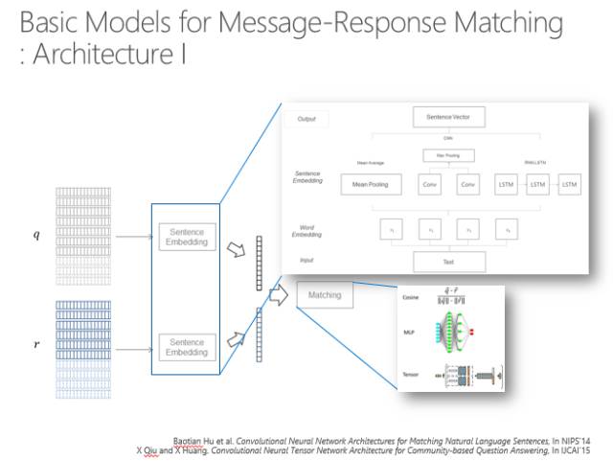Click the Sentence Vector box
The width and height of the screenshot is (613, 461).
pos(448,118)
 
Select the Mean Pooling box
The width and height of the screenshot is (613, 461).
pos(369,183)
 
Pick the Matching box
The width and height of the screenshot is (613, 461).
pos(325,295)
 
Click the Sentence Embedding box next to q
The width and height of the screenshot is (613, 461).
pos(187,237)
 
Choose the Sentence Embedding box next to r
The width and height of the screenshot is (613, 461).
pos(187,347)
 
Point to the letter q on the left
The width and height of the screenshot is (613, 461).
pos(36,236)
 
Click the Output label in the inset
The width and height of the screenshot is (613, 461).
pos(306,120)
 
